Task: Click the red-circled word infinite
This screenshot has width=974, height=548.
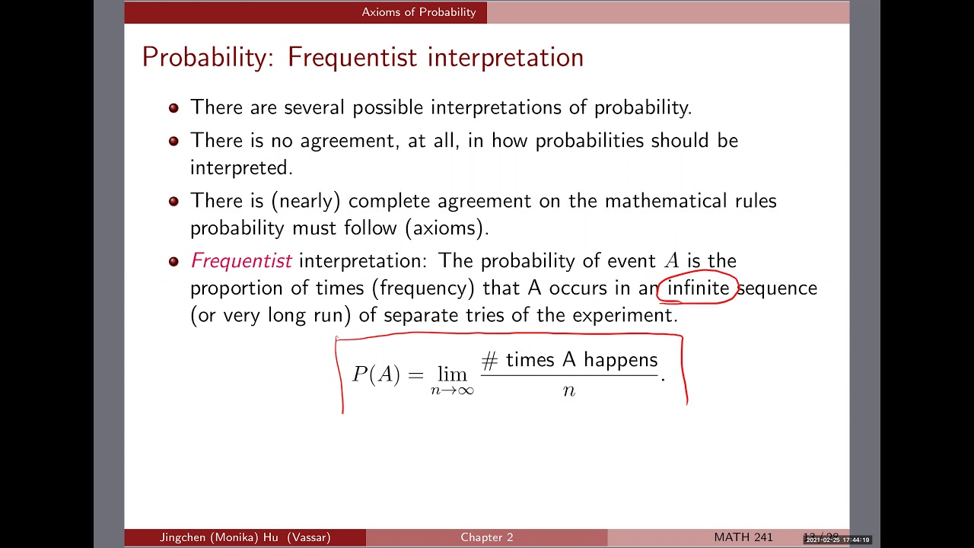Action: coord(698,288)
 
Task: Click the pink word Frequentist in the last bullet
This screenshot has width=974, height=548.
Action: coord(241,261)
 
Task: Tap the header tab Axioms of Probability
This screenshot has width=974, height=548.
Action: coord(419,12)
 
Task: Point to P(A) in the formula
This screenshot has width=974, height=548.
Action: coord(376,374)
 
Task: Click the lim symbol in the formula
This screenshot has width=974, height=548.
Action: coord(452,374)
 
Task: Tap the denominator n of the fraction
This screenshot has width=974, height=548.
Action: coord(569,390)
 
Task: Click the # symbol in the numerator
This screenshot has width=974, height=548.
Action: coord(489,360)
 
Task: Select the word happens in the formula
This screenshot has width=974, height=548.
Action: coord(620,360)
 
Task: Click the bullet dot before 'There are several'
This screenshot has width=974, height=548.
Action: coord(173,108)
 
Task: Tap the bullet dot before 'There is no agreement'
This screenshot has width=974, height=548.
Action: coord(173,141)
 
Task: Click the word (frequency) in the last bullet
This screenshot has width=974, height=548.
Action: coord(423,288)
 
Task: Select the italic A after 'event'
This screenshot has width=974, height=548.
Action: coord(671,261)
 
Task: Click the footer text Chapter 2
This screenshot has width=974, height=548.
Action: coord(486,537)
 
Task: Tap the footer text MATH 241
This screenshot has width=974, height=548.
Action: coord(743,537)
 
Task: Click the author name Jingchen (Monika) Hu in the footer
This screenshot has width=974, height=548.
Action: coord(219,537)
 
